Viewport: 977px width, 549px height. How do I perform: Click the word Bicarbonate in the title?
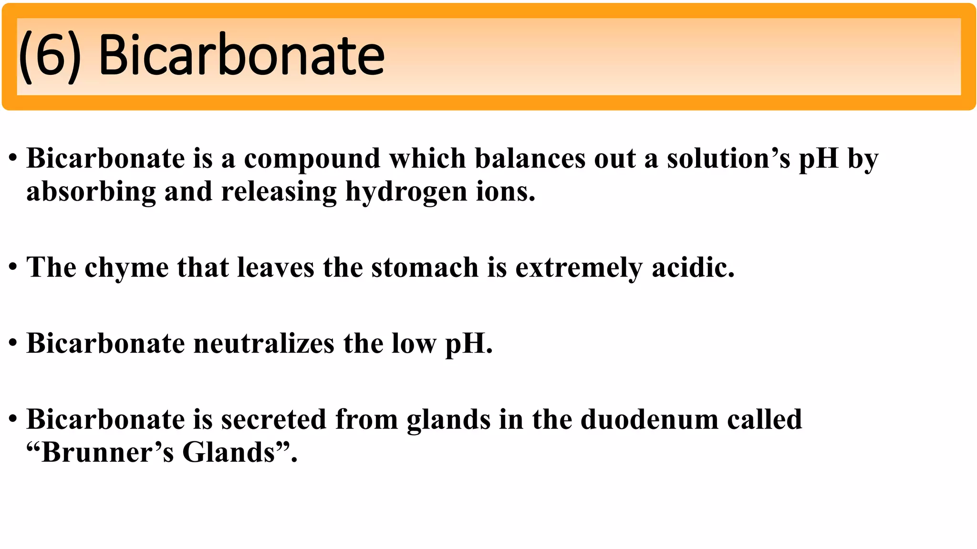pos(241,56)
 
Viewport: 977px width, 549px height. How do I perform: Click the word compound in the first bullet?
pos(312,159)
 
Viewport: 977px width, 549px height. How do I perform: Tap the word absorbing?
pos(91,193)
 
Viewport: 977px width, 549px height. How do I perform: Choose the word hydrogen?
pos(406,193)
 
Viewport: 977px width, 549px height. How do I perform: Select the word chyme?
pos(126,268)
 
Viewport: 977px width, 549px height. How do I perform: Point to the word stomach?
pos(425,267)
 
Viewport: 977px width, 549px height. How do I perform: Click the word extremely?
pos(579,268)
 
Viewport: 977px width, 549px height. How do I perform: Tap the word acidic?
pos(693,267)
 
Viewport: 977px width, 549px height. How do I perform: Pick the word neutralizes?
pos(264,344)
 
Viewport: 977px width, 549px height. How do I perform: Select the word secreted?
pos(273,420)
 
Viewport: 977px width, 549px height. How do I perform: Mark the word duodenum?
pos(649,420)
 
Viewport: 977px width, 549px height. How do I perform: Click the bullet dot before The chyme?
pos(13,267)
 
